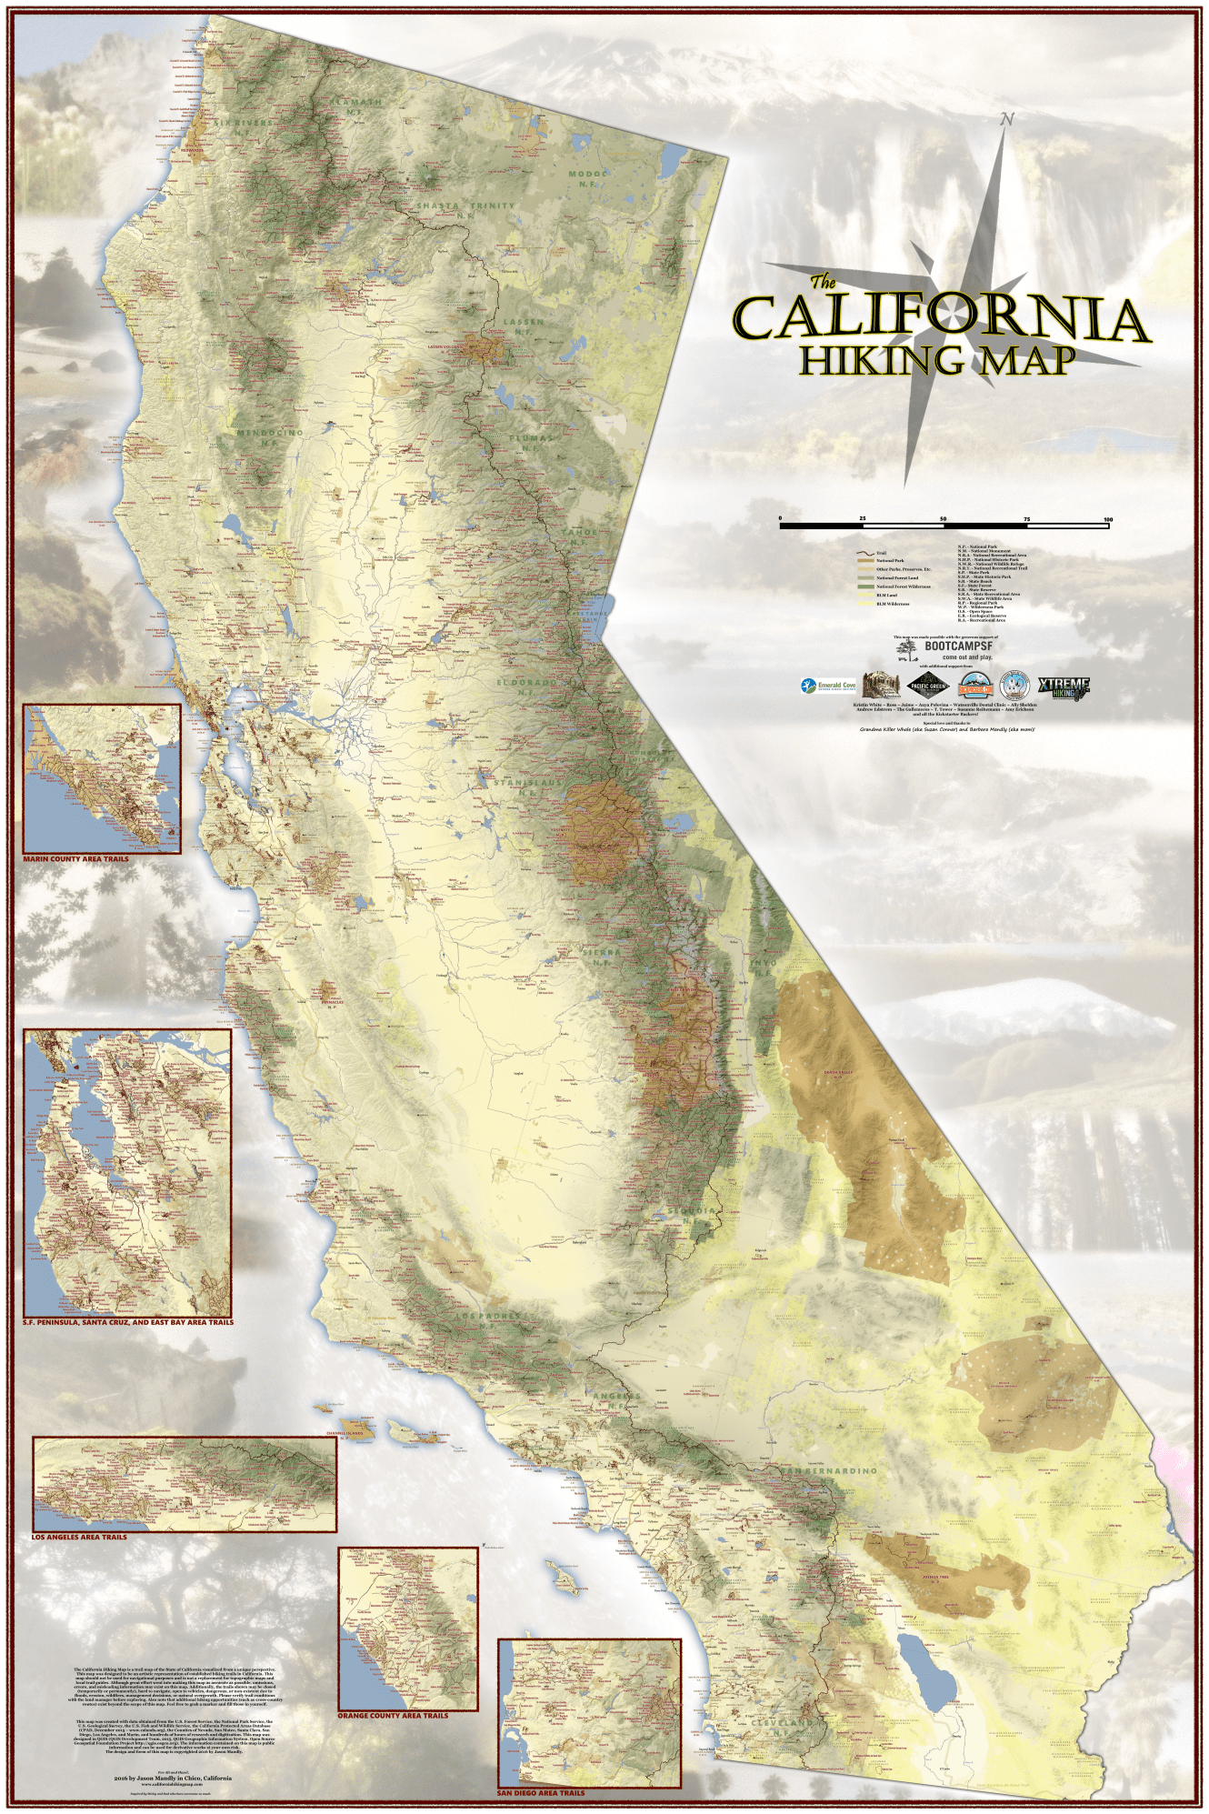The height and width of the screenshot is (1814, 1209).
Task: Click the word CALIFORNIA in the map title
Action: [941, 318]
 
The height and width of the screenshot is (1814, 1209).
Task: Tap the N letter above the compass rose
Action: [1006, 119]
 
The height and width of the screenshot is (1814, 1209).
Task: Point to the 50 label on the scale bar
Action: [944, 519]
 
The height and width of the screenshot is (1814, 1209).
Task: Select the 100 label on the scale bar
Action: [1107, 519]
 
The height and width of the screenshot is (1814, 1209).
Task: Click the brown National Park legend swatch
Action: [864, 561]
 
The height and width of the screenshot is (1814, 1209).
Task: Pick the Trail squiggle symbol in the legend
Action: [864, 553]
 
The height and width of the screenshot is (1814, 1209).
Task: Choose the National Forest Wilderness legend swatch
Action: [864, 586]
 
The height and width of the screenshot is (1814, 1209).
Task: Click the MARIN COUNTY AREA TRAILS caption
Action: [75, 858]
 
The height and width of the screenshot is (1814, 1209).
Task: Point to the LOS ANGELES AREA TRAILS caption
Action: [79, 1537]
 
